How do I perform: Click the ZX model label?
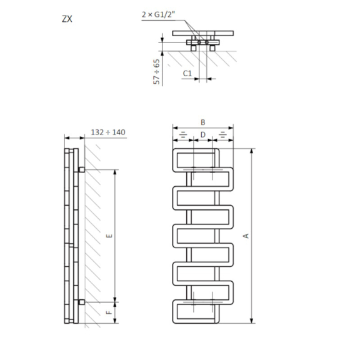67,19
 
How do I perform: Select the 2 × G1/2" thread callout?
158,14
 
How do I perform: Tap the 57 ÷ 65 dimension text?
156,72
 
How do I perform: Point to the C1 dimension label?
187,74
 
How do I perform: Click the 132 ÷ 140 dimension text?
108,132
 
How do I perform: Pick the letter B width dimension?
202,122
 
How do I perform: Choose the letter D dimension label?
202,134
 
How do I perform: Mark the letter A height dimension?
246,236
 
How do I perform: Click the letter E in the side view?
110,236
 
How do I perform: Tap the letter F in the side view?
109,312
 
